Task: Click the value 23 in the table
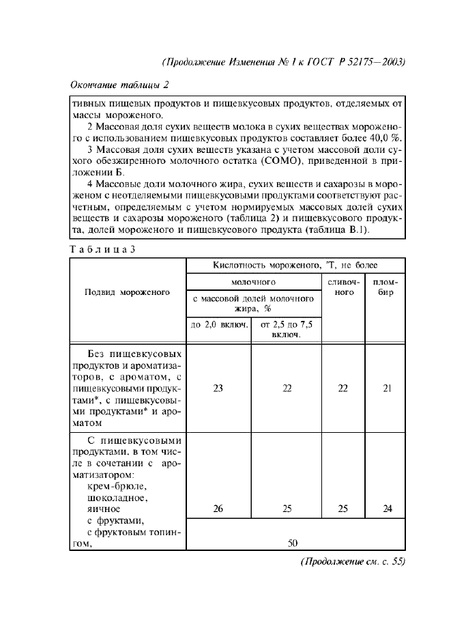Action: pos(218,388)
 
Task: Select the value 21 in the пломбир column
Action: pos(387,388)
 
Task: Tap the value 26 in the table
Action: pos(218,509)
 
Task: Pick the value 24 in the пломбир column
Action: pos(387,509)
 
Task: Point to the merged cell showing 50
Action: pos(293,543)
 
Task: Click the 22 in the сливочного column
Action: pos(343,388)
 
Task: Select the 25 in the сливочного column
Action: pos(343,509)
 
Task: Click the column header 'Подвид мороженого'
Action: pos(127,292)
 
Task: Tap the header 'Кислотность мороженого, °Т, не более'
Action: pos(295,265)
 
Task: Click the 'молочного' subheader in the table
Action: pos(252,281)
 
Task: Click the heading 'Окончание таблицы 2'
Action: pos(119,85)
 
